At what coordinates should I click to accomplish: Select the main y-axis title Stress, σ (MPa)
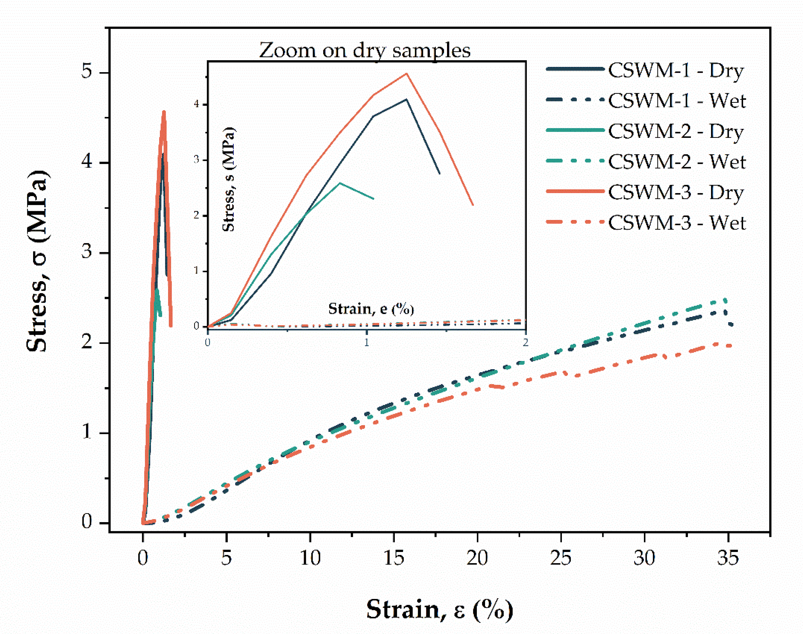[x=37, y=261]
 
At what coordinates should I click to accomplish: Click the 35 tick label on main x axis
[x=728, y=557]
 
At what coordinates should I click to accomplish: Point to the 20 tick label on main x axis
[x=477, y=557]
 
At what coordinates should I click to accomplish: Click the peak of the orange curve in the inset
[x=406, y=74]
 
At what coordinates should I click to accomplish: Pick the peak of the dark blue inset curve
[x=406, y=100]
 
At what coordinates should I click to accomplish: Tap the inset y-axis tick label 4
[x=197, y=104]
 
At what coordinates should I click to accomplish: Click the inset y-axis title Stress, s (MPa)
[x=229, y=179]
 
